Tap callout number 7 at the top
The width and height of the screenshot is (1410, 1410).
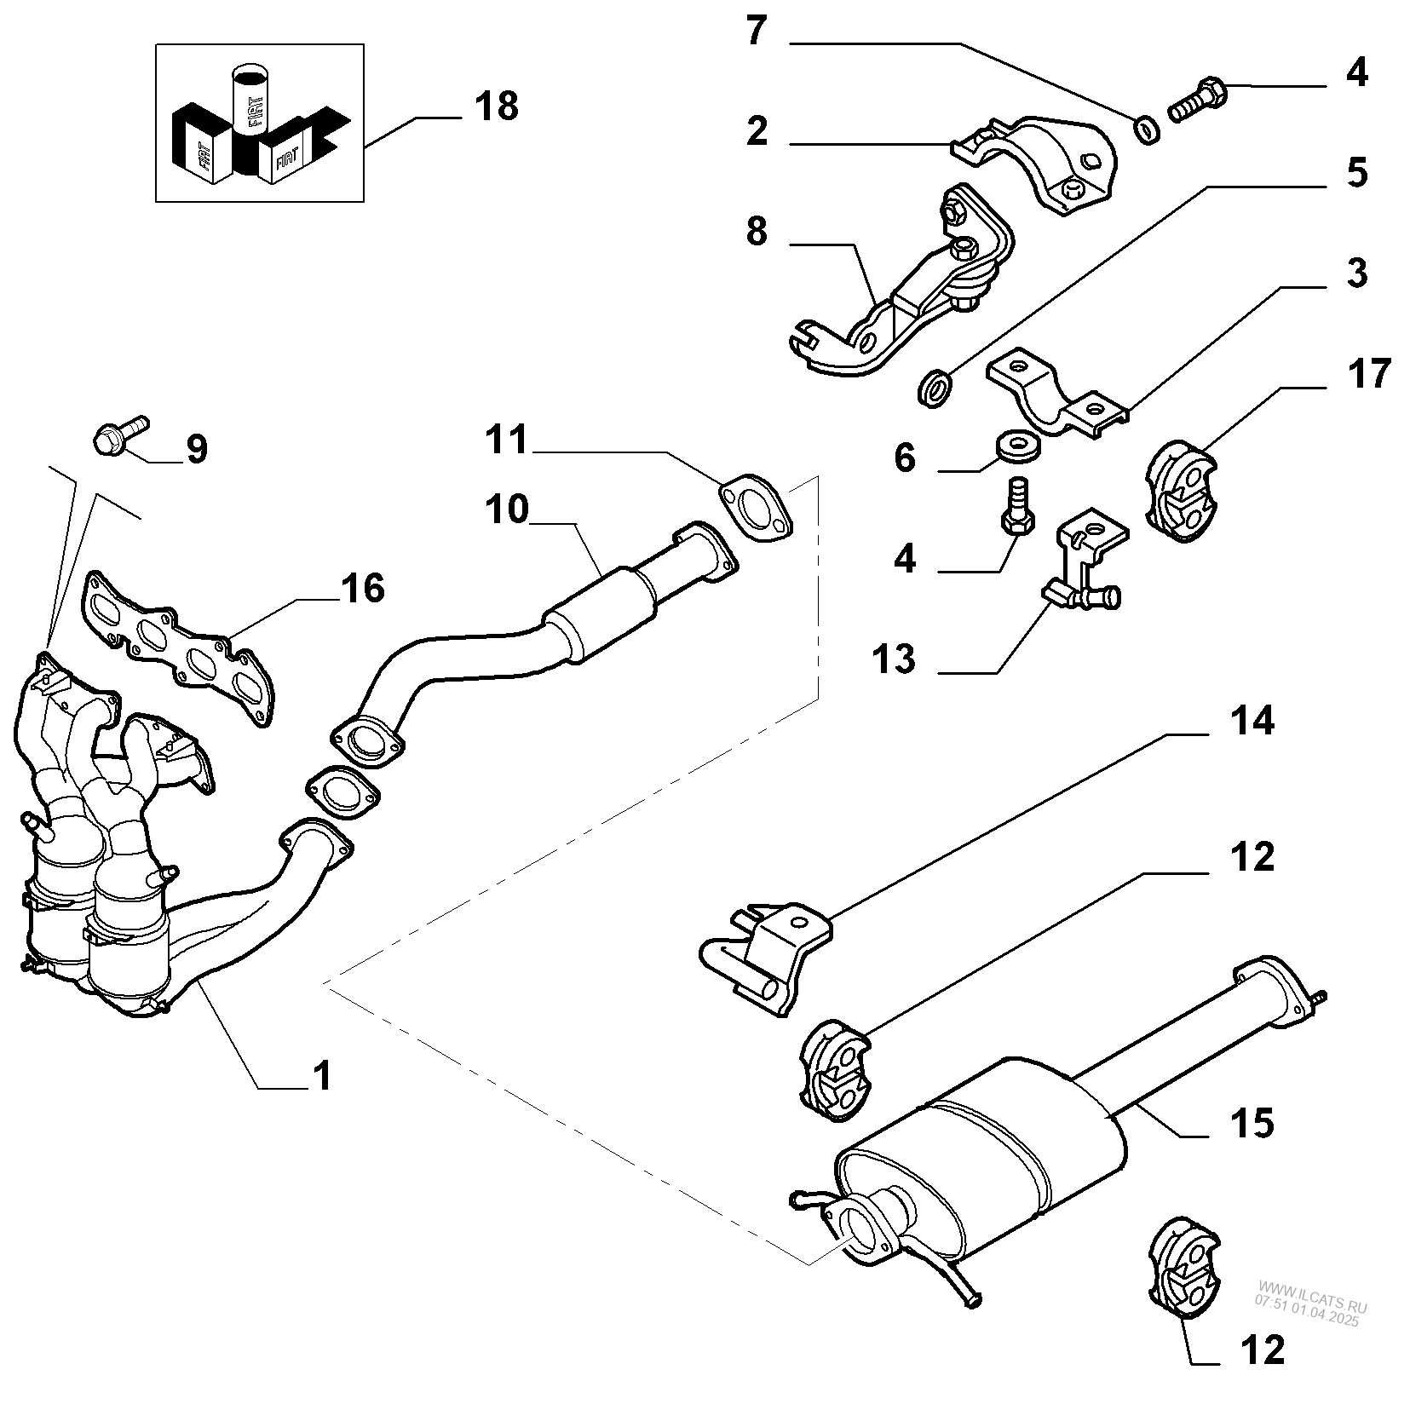757,32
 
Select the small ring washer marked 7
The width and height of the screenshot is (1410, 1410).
1148,129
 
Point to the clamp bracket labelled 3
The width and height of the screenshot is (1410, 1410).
1056,397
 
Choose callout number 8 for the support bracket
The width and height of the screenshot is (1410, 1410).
757,232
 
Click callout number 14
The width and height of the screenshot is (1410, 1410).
1251,722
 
